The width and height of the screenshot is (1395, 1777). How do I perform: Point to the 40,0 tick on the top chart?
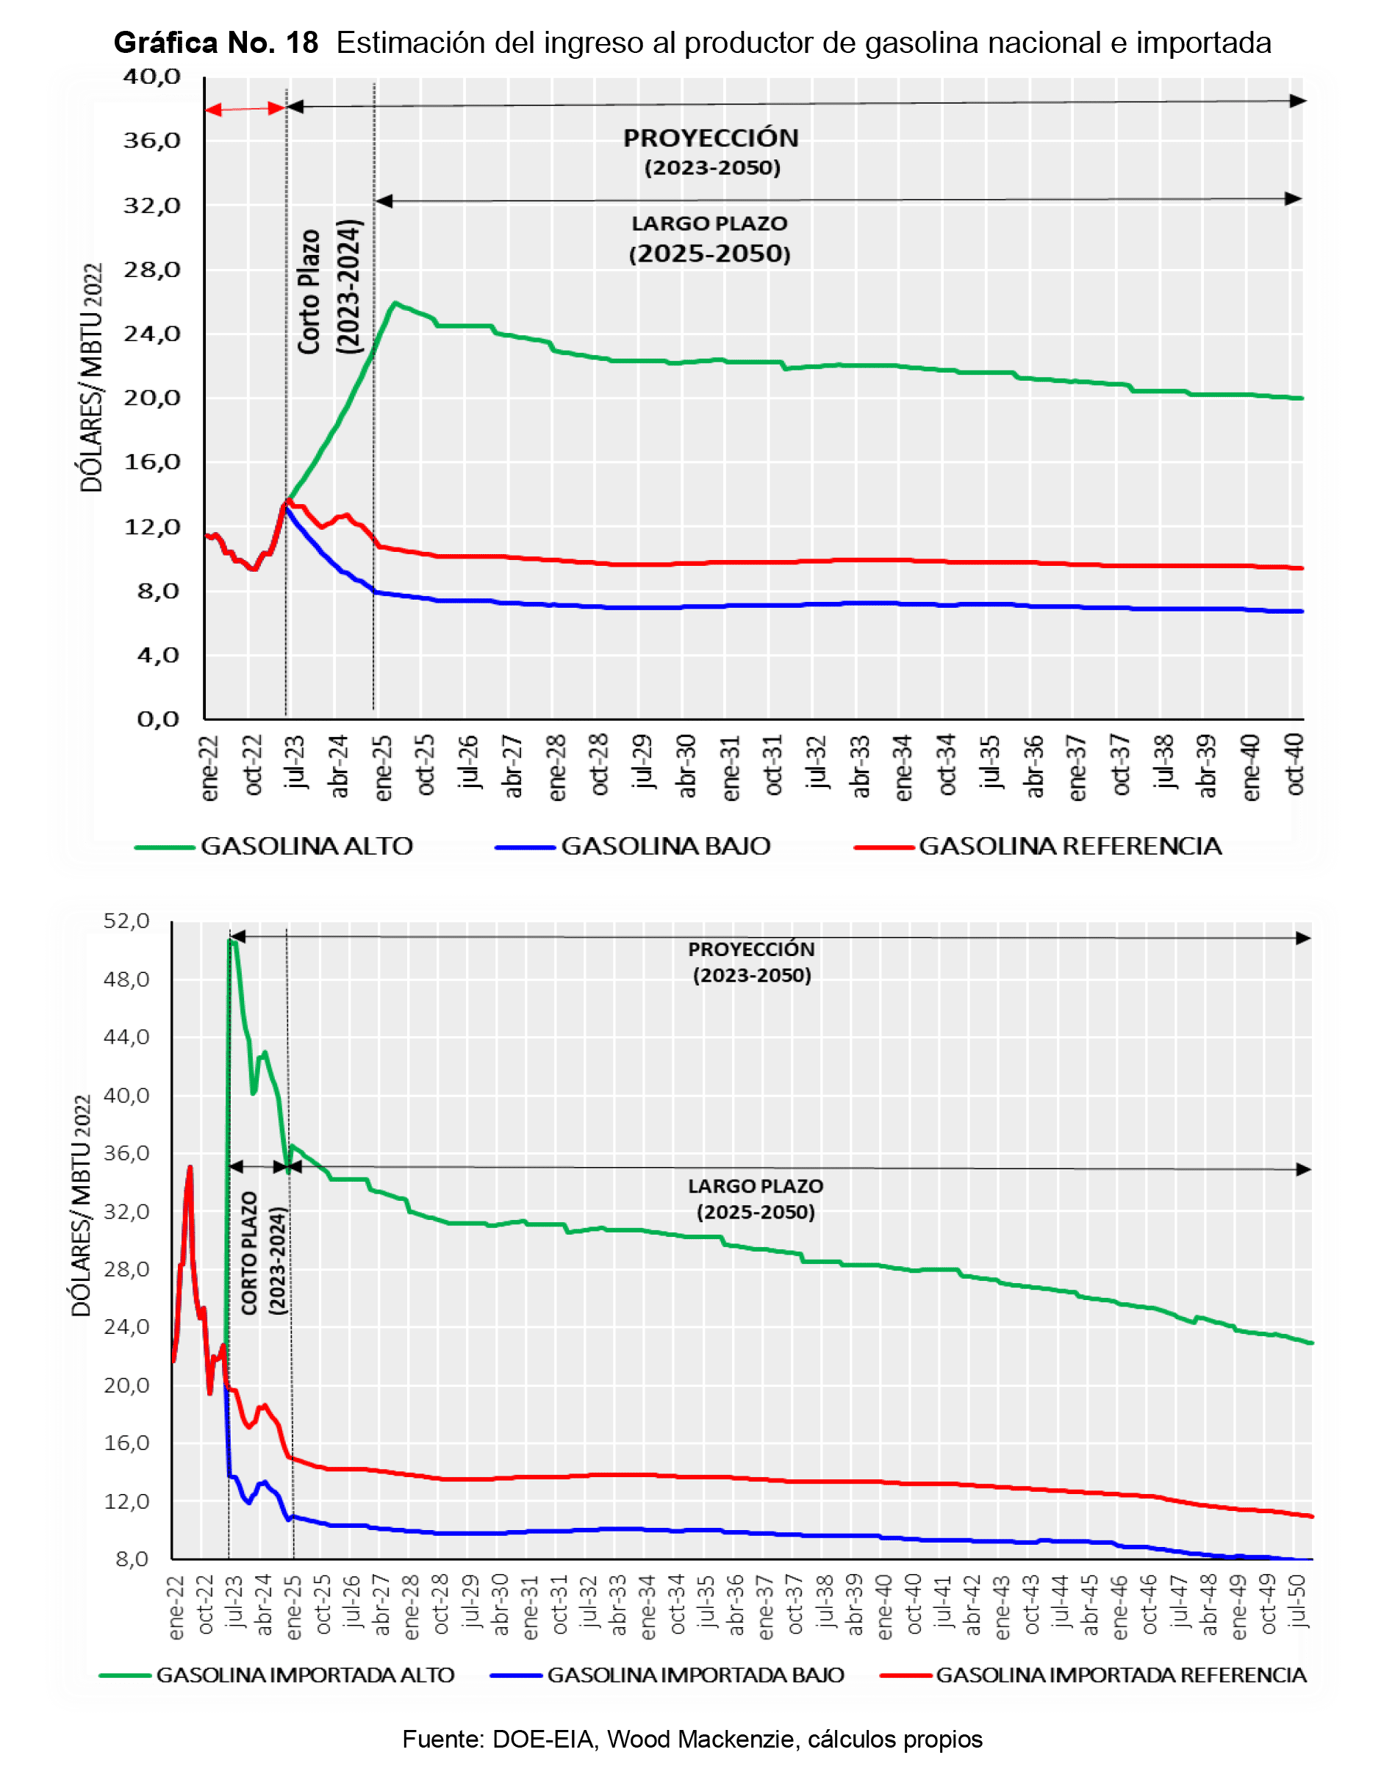(x=152, y=76)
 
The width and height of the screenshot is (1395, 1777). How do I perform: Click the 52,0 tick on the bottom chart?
(x=126, y=921)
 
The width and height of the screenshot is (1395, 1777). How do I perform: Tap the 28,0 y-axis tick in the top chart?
(x=152, y=270)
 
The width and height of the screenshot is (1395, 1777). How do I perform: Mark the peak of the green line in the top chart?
(x=395, y=303)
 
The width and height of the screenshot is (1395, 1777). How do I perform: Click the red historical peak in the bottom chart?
(x=190, y=1167)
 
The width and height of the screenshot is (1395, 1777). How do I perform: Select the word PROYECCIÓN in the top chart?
(x=711, y=138)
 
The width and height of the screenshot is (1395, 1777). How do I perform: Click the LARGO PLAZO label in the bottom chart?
(x=756, y=1185)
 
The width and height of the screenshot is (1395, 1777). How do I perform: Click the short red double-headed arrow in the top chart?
(x=245, y=109)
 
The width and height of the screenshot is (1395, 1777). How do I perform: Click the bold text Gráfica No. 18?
(x=216, y=43)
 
